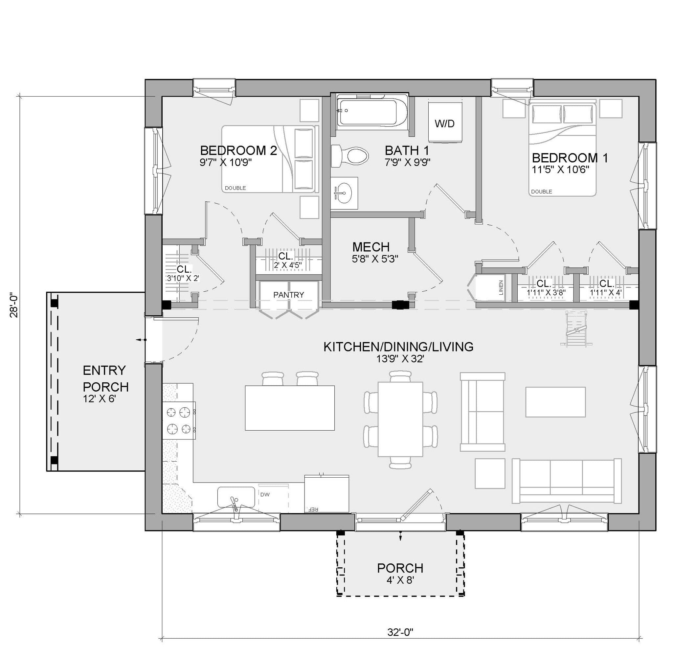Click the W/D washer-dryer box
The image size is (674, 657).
coord(445,123)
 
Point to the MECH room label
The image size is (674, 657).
coord(371,247)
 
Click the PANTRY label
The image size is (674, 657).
coord(288,295)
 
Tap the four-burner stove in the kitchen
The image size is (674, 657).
coord(179,420)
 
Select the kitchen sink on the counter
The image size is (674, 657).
coord(236,497)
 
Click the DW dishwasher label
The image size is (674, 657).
coord(265,494)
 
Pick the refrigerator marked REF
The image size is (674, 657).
coord(326,494)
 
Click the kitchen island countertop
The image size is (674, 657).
coord(290,408)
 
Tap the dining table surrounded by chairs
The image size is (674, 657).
coord(400,419)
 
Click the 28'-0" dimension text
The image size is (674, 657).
coord(14,306)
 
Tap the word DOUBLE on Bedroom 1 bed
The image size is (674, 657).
coord(541,192)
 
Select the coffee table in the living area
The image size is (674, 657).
coord(555,402)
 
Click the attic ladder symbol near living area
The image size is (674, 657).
coord(576,328)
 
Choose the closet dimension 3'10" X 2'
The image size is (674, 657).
coord(183,278)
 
